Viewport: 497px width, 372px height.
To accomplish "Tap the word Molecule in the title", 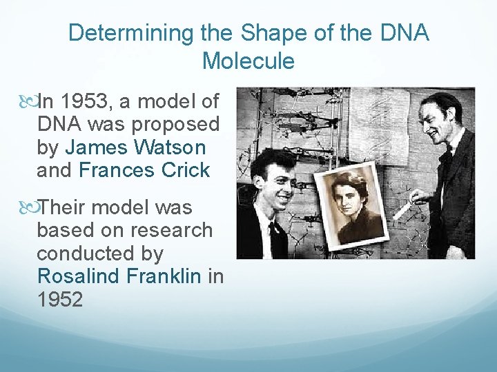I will click(x=248, y=61).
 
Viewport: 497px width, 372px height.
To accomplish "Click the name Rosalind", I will click(x=79, y=276).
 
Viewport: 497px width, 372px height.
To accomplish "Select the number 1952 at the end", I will click(x=60, y=300).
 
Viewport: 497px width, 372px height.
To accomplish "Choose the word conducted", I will click(x=81, y=254).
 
